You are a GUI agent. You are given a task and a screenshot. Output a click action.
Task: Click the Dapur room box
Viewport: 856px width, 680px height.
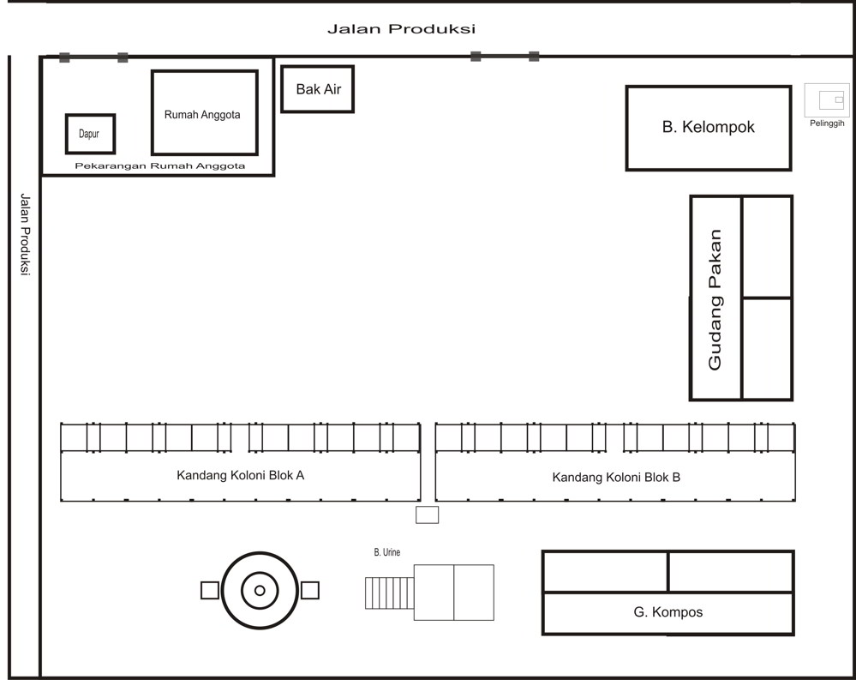[90, 134]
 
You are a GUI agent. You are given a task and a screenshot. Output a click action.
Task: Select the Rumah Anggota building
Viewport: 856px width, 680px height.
[204, 112]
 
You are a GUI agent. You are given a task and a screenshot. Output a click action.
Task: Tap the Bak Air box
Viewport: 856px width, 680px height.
[317, 89]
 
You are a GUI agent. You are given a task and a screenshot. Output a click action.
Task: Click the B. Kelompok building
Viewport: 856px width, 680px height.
[708, 127]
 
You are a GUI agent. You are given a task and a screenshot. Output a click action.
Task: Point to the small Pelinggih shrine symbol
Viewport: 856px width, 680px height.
[829, 100]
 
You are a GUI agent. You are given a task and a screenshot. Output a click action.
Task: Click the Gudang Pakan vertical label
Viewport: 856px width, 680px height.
[715, 299]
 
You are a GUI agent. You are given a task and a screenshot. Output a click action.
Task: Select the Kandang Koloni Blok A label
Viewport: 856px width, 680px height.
[240, 475]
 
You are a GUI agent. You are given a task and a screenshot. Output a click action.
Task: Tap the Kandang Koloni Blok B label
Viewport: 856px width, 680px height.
[616, 478]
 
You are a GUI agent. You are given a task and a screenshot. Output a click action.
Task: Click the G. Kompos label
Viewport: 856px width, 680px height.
[668, 612]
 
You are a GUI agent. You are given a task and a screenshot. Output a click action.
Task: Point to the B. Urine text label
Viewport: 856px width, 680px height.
[386, 552]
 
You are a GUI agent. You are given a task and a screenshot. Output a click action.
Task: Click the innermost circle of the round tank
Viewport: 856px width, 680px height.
[260, 590]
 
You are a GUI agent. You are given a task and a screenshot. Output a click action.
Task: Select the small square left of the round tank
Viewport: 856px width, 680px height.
[209, 590]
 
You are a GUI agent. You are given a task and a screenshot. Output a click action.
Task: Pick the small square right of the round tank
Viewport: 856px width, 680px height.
[310, 590]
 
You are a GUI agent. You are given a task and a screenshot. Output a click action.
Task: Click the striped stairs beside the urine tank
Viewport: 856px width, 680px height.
[389, 593]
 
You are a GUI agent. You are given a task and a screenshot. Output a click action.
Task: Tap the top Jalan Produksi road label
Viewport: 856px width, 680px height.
[401, 29]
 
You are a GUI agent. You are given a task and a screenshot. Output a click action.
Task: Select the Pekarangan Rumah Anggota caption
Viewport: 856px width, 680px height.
[160, 166]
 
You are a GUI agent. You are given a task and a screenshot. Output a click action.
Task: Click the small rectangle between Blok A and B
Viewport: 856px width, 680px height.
[427, 515]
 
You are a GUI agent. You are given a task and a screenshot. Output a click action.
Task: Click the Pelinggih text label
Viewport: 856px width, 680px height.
[827, 123]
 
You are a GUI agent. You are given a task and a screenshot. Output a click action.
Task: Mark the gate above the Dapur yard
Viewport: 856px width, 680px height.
[93, 57]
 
